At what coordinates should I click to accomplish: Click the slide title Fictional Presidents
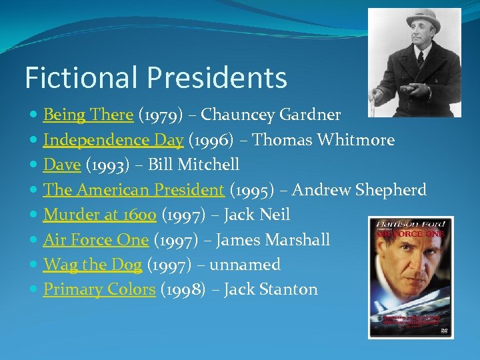click(x=155, y=78)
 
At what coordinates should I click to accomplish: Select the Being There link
click(x=88, y=115)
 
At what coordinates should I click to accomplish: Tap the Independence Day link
click(x=113, y=140)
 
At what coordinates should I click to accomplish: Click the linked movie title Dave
click(x=62, y=165)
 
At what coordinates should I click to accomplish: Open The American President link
click(x=133, y=190)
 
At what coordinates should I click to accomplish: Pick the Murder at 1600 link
click(x=99, y=215)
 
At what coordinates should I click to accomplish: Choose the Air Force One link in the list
click(x=95, y=239)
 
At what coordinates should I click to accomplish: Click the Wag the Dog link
click(x=92, y=265)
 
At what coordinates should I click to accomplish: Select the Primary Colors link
click(x=99, y=289)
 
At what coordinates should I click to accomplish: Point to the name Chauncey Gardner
click(x=271, y=115)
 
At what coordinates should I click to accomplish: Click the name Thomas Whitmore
click(x=323, y=140)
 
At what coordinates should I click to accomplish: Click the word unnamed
click(x=245, y=265)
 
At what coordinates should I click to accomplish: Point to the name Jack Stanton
click(x=271, y=289)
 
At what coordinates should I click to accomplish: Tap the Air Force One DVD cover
click(x=411, y=277)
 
